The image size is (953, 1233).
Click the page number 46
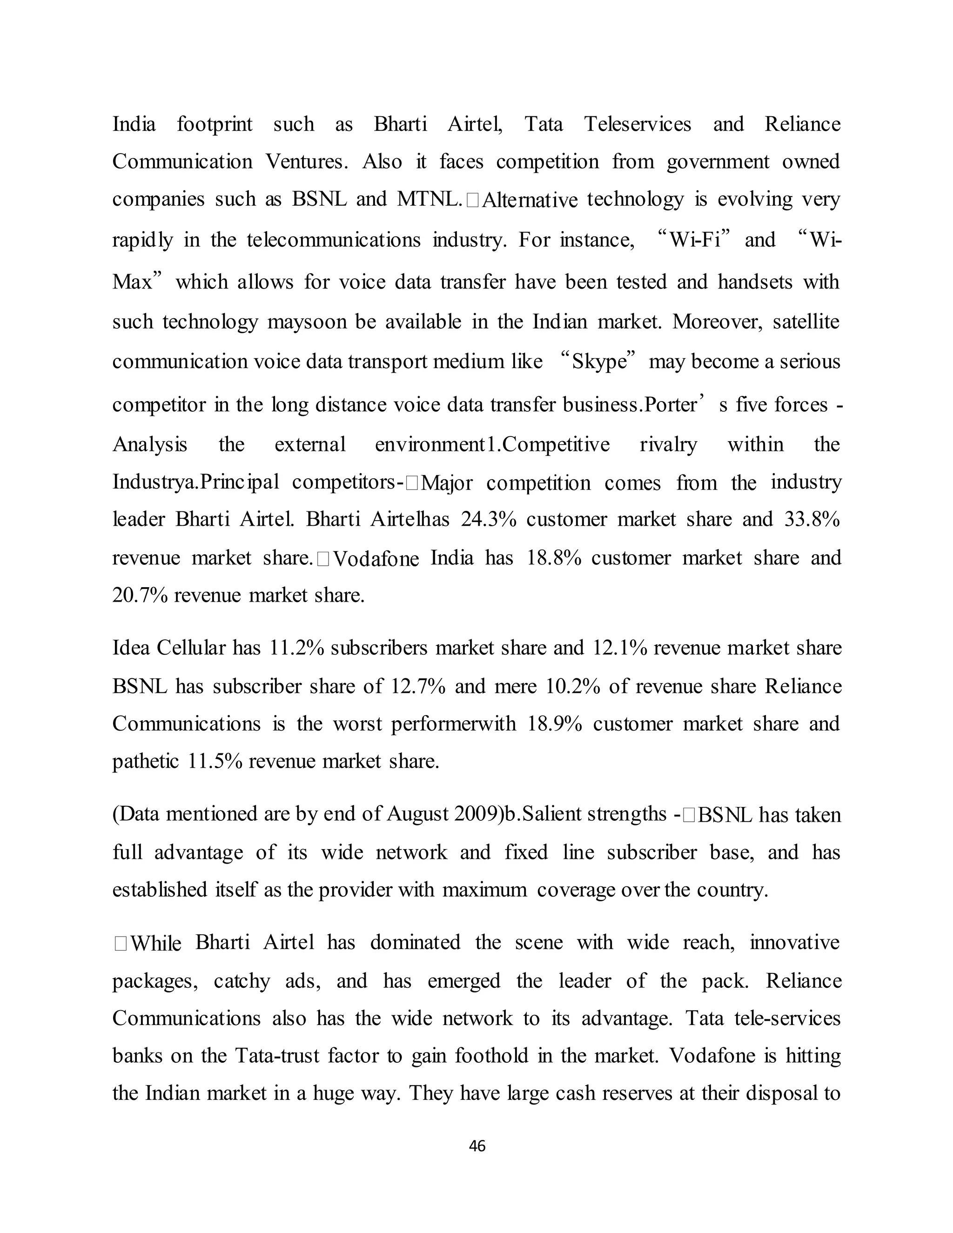[477, 1146]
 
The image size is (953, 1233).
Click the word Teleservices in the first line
[637, 124]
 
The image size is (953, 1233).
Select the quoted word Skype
[599, 362]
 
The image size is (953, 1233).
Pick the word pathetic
[145, 762]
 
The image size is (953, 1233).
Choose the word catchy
[242, 981]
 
